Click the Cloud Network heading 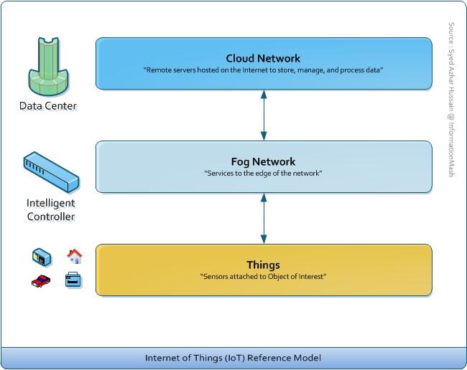pos(263,58)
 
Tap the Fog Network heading pos(264,161)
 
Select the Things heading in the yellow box pos(263,265)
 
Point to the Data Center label pos(47,106)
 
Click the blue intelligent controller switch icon pos(50,173)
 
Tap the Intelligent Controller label pos(50,209)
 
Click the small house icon pos(74,255)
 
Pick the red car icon pos(41,280)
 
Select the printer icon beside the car pos(73,280)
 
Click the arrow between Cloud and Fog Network pos(264,115)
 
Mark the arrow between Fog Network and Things pos(264,218)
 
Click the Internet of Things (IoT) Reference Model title pos(233,357)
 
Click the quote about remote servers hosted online pos(263,70)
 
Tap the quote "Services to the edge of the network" pos(263,174)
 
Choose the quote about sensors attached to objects pos(263,276)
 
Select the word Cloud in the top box pos(240,58)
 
